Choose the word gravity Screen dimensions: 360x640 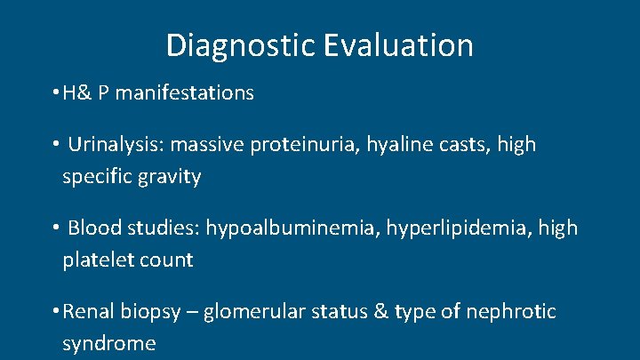click(169, 177)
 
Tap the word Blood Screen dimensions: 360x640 click(93, 228)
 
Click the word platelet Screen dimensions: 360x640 click(94, 260)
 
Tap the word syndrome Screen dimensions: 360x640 click(108, 344)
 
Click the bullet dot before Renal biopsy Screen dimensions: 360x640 click(56, 312)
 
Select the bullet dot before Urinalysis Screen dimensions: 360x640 click(56, 144)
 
